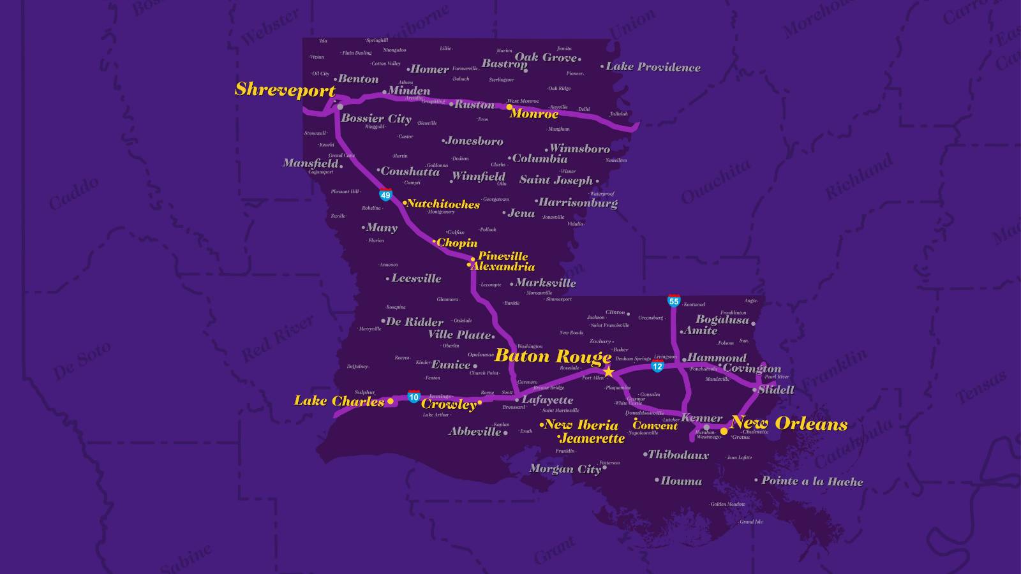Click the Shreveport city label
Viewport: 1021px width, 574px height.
click(285, 90)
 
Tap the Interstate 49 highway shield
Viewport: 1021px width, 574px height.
click(385, 195)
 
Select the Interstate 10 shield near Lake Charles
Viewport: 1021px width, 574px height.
click(414, 397)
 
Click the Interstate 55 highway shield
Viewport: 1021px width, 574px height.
click(674, 301)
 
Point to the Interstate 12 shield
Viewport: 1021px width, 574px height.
click(657, 366)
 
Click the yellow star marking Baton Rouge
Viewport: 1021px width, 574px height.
click(608, 371)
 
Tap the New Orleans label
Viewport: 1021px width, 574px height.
click(789, 423)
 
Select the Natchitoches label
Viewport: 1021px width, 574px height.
click(443, 204)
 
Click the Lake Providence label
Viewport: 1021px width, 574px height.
click(652, 67)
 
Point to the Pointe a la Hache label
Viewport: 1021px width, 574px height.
click(812, 482)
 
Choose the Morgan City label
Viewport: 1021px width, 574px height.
click(565, 469)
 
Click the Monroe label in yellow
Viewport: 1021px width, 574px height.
click(534, 114)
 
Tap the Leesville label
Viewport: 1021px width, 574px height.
click(416, 279)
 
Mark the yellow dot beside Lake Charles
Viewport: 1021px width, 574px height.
click(391, 401)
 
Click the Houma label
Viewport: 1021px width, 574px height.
click(681, 482)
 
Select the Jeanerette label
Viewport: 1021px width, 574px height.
click(592, 439)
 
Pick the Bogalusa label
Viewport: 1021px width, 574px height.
click(722, 320)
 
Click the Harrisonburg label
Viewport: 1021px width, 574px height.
click(578, 203)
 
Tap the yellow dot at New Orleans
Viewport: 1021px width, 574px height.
click(724, 431)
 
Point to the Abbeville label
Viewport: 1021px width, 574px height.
click(475, 432)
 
